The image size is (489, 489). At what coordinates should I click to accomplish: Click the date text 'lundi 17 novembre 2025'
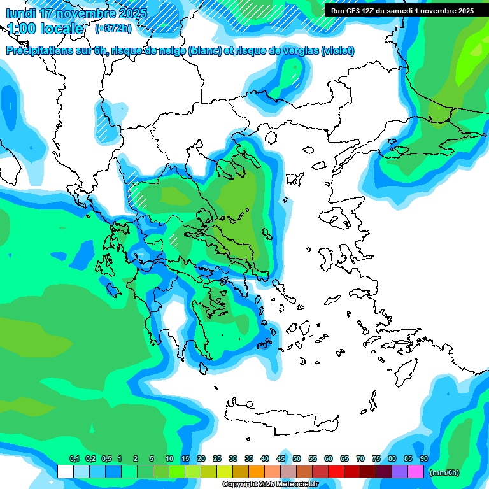[x=76, y=13]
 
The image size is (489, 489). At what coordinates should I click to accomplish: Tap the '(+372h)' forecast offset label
[x=113, y=29]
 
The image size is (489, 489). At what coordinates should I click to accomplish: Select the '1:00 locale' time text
[x=45, y=29]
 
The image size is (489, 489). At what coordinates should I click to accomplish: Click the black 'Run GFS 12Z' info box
[x=402, y=11]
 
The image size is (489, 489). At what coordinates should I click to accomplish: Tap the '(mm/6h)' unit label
[x=444, y=472]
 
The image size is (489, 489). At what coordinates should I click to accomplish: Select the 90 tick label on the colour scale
[x=424, y=458]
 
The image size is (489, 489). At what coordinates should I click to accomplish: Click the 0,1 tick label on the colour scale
[x=74, y=458]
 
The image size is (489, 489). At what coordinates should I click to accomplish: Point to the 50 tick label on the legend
[x=297, y=458]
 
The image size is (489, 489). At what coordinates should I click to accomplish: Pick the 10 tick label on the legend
[x=169, y=458]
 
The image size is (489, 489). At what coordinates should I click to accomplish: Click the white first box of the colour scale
[x=66, y=471]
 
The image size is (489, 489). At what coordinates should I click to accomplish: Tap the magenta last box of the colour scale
[x=416, y=471]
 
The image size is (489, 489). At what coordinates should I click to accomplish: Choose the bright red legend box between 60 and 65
[x=336, y=471]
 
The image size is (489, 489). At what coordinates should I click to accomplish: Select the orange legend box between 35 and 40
[x=257, y=471]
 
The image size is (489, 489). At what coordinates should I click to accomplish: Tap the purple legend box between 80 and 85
[x=400, y=471]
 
